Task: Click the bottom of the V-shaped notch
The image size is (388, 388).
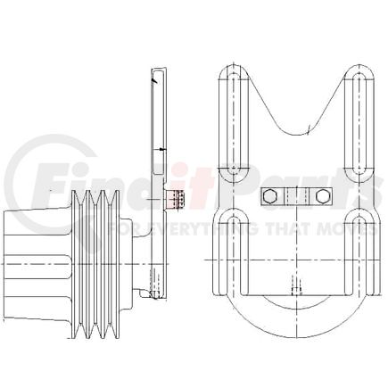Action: click(295, 134)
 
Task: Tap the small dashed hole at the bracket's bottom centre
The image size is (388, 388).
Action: click(295, 287)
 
